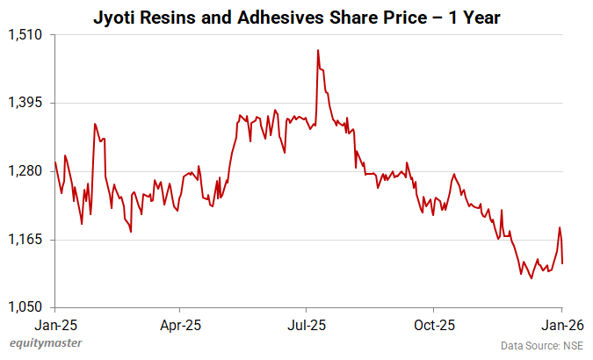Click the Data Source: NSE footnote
(x=541, y=346)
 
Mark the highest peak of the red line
(x=317, y=50)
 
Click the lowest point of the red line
(x=531, y=278)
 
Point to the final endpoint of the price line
(x=562, y=263)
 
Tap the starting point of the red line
(x=55, y=162)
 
